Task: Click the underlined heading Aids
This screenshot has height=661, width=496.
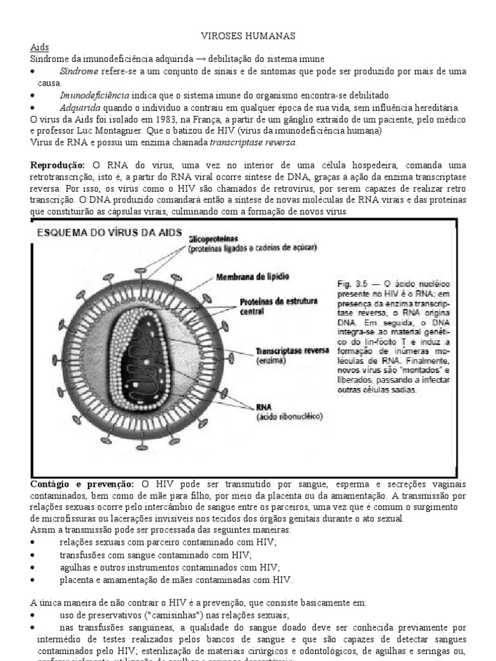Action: tap(39, 48)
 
